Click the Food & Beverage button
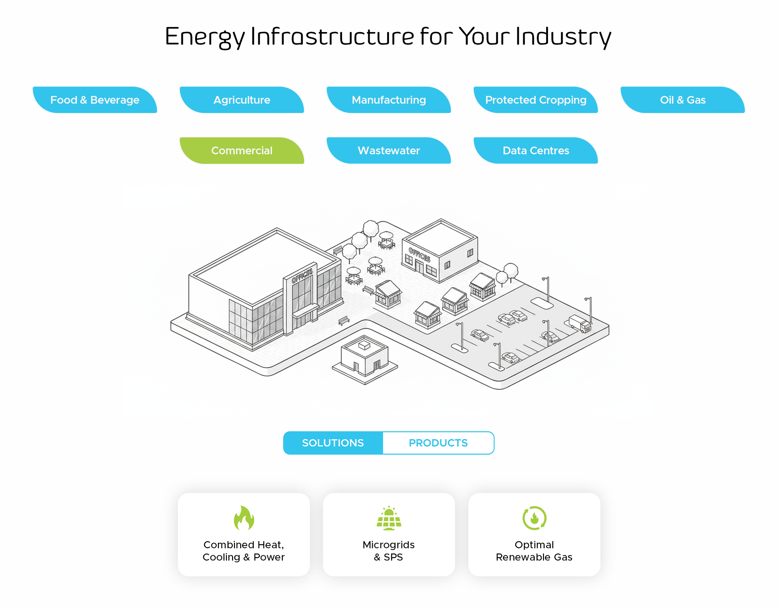point(95,100)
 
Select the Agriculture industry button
point(242,100)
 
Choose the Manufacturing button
point(389,100)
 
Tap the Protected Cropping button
point(536,100)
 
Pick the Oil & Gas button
point(682,100)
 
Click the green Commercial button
point(242,151)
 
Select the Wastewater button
point(389,151)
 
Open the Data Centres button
point(536,151)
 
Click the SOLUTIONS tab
point(333,443)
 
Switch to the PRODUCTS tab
point(438,443)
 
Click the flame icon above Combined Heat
point(244,518)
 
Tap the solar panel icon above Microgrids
point(389,518)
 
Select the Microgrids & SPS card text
point(389,551)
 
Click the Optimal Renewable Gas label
point(534,551)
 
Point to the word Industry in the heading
point(563,37)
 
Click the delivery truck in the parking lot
point(580,323)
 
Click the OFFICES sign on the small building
point(419,255)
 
